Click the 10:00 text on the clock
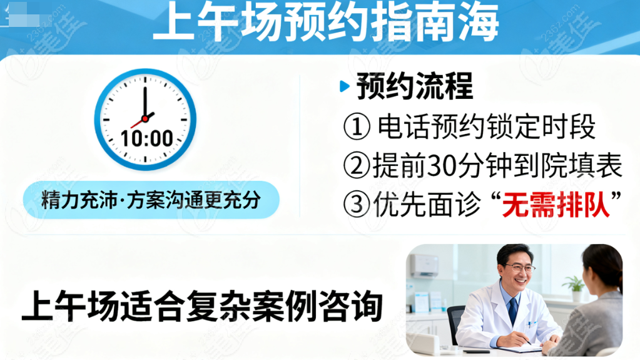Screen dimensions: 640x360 click(x=147, y=138)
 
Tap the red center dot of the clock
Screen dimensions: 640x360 click(x=145, y=119)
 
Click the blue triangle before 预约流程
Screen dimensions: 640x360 click(x=345, y=86)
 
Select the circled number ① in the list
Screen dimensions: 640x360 click(x=357, y=126)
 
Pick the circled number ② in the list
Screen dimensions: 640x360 click(x=357, y=165)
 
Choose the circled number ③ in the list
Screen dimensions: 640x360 click(x=357, y=204)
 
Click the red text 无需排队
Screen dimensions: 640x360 click(x=556, y=204)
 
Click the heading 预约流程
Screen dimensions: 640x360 click(x=415, y=86)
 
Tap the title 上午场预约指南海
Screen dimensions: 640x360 click(x=326, y=22)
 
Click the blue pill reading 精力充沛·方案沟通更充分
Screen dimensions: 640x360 click(x=151, y=200)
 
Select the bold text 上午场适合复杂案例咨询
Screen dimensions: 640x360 click(x=202, y=306)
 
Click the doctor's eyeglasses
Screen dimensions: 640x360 click(x=519, y=268)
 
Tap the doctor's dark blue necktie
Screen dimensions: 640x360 click(x=513, y=311)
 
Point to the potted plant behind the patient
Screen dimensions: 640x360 click(x=576, y=288)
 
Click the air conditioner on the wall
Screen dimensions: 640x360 click(x=425, y=265)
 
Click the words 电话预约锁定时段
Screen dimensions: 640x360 click(x=486, y=126)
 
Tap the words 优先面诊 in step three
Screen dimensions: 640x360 click(x=427, y=204)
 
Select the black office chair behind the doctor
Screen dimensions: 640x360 click(x=455, y=323)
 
